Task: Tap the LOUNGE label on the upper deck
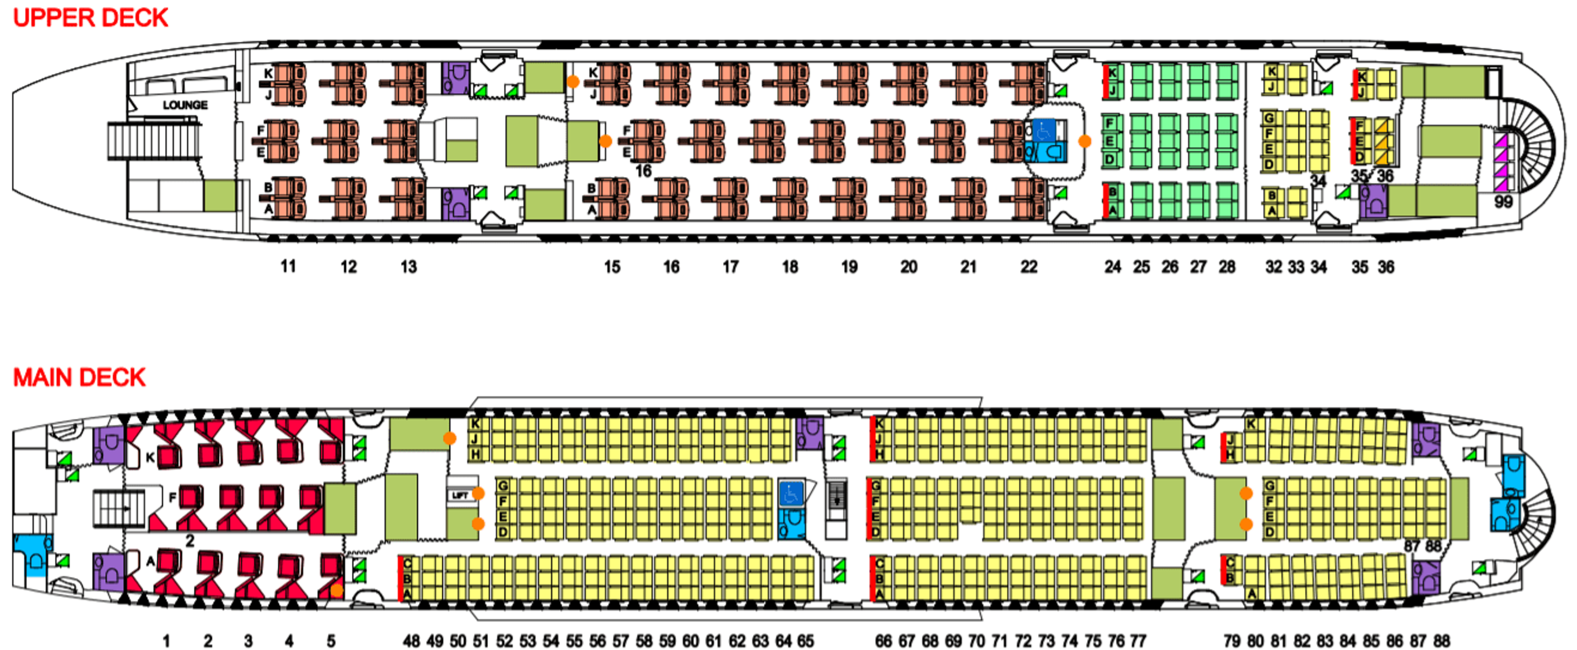tap(184, 105)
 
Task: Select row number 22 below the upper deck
tap(1028, 267)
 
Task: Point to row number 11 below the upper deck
tap(288, 267)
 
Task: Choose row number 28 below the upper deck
tap(1226, 267)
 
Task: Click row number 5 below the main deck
tap(331, 641)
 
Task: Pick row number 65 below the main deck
tap(806, 641)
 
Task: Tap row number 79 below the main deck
tap(1232, 641)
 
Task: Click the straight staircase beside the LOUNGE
tap(153, 141)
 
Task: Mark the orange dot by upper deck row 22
tap(1084, 141)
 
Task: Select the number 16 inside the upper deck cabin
tap(643, 171)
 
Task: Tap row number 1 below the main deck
tap(166, 641)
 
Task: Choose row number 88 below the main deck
tap(1442, 641)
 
